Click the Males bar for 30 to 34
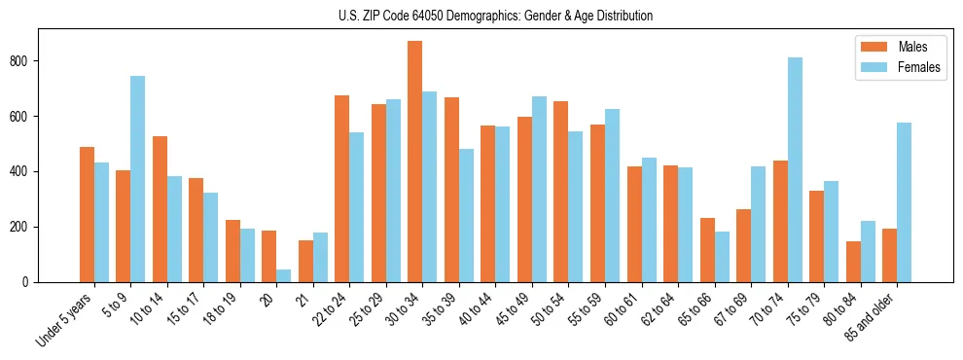[x=415, y=162]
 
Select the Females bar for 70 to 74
[x=795, y=170]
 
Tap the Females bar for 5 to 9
[x=138, y=179]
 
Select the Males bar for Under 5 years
[x=87, y=214]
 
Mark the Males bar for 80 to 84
[x=853, y=262]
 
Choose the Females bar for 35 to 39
[x=467, y=215]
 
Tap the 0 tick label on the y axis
[x=29, y=282]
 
